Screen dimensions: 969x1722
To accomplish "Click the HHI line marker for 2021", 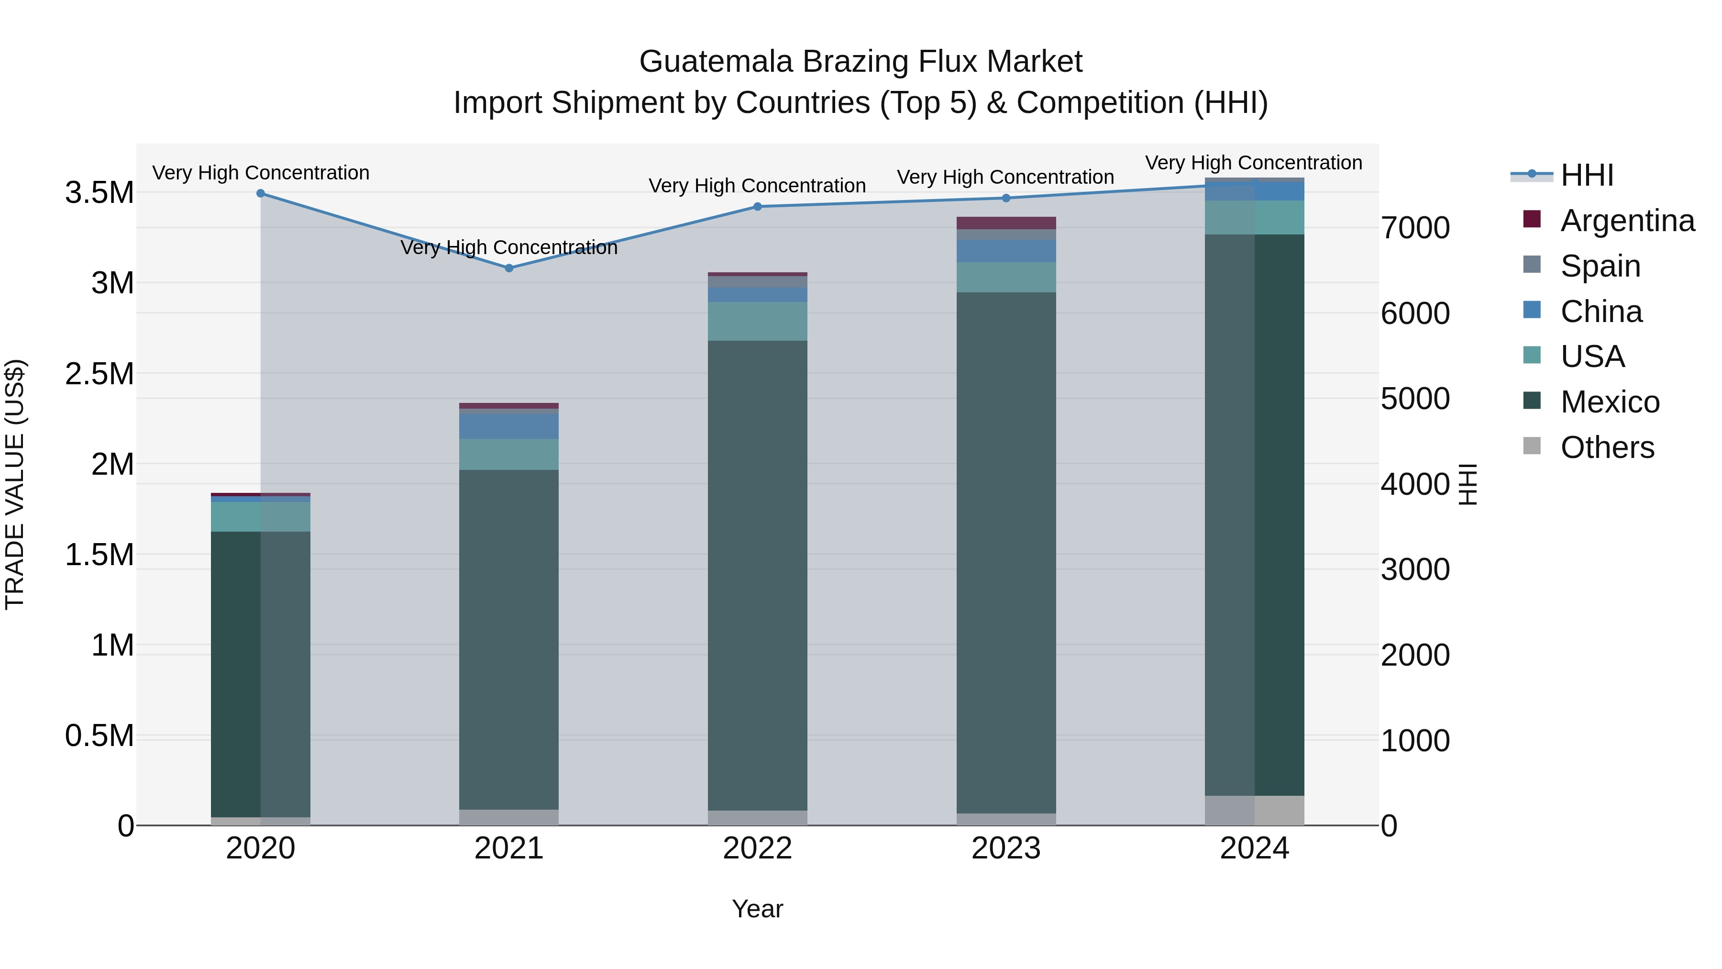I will tap(509, 268).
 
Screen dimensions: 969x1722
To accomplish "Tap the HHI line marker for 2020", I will tap(261, 193).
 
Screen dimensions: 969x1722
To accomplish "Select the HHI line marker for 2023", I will tap(1006, 198).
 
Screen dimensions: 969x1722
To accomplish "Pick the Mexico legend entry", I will tap(1609, 402).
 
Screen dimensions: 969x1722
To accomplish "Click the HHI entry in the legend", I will tap(1586, 175).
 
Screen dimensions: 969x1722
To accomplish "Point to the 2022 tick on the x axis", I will tap(757, 848).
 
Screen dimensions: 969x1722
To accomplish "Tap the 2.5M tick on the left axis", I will tap(99, 374).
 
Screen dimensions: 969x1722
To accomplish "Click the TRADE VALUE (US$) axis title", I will tap(15, 484).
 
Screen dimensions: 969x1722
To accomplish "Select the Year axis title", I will tap(757, 909).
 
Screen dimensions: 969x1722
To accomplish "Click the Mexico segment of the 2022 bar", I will tap(757, 575).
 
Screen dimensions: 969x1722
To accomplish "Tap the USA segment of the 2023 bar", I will tap(1006, 277).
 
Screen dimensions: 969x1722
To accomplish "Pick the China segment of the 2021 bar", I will tap(509, 426).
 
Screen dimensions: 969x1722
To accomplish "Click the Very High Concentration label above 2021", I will tap(509, 247).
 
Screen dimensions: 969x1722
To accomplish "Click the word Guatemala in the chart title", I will tap(716, 62).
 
